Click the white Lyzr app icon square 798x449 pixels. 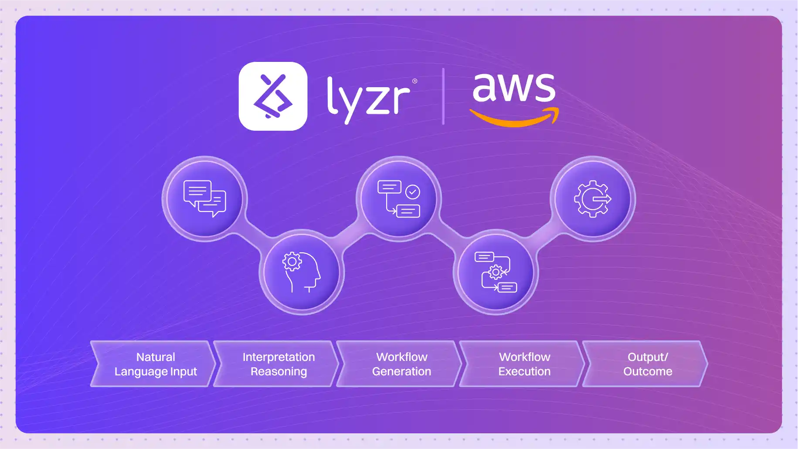273,96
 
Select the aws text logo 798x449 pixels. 514,87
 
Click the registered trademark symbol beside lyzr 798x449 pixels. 414,81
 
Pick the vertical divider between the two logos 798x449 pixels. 443,96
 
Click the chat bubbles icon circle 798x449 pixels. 205,199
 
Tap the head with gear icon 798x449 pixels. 302,272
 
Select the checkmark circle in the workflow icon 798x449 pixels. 412,192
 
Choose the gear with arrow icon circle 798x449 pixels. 592,199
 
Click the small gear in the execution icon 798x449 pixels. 496,272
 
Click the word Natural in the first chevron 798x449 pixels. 156,357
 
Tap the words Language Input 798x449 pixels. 156,371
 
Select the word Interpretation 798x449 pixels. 278,357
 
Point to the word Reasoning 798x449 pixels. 278,371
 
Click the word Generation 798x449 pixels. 401,371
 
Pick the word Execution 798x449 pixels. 524,371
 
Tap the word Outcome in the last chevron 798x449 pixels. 648,371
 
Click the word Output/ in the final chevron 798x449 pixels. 648,357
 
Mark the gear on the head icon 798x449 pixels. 292,262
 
